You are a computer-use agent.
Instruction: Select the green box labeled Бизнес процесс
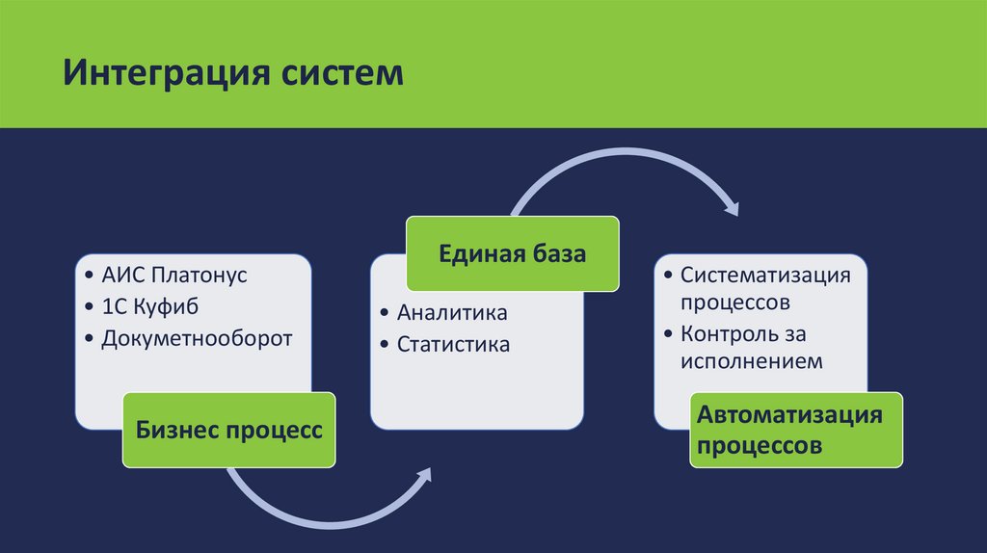228,429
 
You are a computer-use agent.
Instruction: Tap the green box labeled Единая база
512,254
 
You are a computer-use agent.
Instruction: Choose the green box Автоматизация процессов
796,430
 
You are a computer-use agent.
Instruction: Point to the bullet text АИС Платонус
174,275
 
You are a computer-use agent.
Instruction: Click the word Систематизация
765,275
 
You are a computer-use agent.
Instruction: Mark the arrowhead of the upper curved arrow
732,206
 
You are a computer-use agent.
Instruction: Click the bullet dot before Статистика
386,344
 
